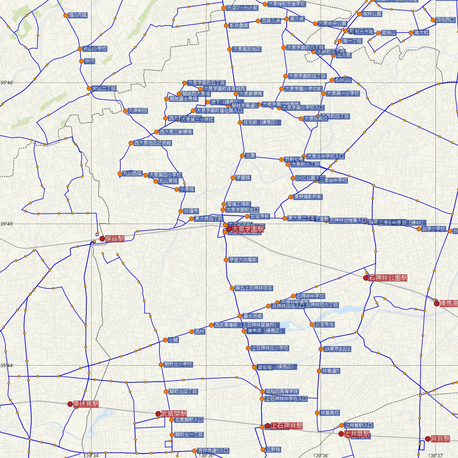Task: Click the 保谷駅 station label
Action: click(x=115, y=239)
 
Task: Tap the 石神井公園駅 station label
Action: click(x=388, y=278)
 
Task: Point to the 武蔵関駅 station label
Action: click(x=174, y=414)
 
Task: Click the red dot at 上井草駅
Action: click(x=341, y=434)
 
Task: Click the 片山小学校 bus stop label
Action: click(x=95, y=49)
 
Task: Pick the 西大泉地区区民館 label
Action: click(x=153, y=143)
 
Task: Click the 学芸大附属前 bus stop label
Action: click(x=243, y=260)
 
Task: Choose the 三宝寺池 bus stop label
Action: click(x=324, y=324)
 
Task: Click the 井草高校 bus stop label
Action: click(x=330, y=413)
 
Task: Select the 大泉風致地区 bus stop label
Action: click(x=247, y=49)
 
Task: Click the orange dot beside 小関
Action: click(x=165, y=340)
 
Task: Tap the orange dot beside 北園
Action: click(x=242, y=156)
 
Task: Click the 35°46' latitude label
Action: click(x=6, y=82)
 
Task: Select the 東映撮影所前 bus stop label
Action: click(x=308, y=197)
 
